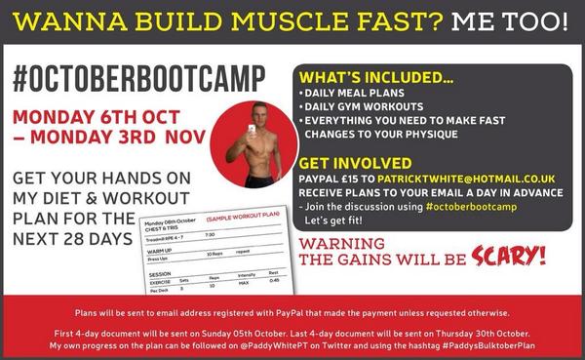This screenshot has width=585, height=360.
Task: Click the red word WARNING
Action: [x=347, y=243]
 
